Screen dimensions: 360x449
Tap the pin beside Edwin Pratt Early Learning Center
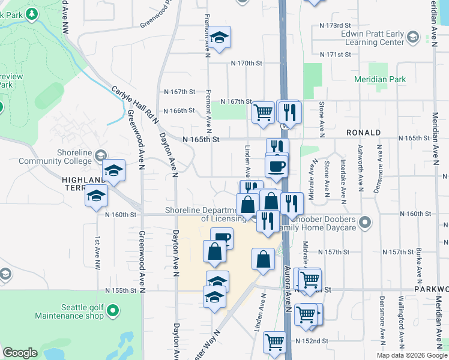(412, 38)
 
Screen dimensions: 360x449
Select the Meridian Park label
(388, 79)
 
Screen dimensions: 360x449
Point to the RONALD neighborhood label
(363, 132)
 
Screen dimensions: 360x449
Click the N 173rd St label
(334, 26)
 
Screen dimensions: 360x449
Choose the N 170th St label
(247, 63)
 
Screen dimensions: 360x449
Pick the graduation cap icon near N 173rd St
(220, 37)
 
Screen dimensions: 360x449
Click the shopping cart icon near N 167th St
(263, 112)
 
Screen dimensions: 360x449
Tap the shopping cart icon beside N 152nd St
(275, 341)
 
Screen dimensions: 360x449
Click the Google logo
(20, 353)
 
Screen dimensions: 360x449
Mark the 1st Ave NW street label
(97, 252)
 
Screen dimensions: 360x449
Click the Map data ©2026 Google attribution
(411, 355)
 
